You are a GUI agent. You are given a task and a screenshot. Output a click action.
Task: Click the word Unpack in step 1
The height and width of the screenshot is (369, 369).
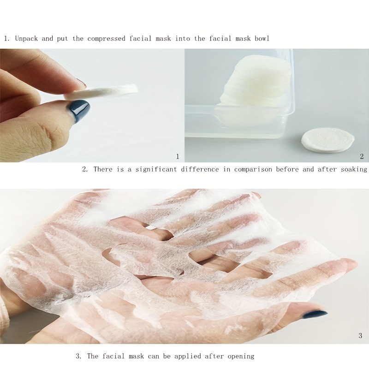(26, 38)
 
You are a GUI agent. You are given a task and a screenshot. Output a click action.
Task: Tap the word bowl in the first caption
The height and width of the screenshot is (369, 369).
(262, 38)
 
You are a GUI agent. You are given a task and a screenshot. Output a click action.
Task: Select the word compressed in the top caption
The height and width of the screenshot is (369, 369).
(107, 39)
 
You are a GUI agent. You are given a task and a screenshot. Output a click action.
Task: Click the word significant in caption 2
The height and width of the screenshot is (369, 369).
(156, 169)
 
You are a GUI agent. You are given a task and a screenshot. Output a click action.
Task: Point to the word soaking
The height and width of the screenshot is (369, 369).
(354, 169)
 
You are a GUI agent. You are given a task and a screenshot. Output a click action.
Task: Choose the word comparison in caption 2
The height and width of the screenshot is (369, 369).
(253, 170)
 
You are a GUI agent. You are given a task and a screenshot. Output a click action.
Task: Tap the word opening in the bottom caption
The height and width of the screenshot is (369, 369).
(241, 357)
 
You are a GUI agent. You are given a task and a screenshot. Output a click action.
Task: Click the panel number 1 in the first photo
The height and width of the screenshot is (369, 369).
(178, 156)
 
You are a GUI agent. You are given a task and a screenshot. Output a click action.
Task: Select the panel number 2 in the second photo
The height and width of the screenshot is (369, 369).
(362, 156)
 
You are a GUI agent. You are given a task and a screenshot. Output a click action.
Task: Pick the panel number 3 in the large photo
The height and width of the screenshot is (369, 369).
(360, 336)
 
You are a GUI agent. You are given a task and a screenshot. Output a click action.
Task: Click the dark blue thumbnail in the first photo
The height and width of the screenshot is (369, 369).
(79, 110)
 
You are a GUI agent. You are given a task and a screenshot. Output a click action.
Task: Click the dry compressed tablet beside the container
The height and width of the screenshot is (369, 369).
(328, 140)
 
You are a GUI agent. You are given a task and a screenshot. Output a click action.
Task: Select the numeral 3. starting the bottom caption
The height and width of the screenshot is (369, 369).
(78, 356)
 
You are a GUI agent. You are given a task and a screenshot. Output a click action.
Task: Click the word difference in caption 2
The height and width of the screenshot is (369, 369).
(200, 169)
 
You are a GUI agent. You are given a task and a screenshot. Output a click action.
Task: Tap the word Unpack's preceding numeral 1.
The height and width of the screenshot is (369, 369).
(7, 39)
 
